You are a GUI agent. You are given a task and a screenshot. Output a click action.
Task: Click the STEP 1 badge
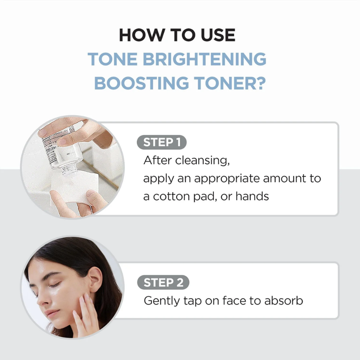point(162,142)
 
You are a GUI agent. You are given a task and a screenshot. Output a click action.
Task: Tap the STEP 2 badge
point(163,283)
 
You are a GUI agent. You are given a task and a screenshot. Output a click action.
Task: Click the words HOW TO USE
point(177,35)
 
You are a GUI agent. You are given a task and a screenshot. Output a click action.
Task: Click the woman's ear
point(95,279)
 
